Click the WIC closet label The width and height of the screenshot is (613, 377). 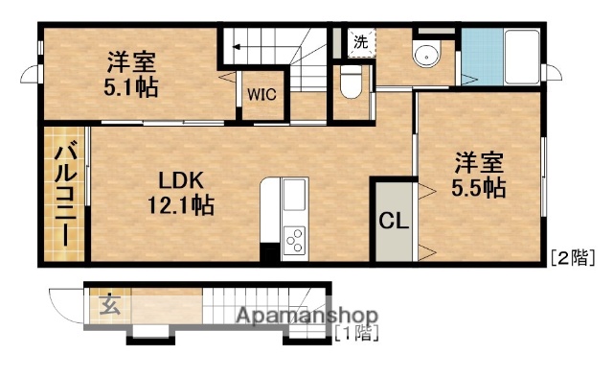tap(262, 95)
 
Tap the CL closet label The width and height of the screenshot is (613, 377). tap(394, 220)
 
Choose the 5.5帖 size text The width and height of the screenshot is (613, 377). tap(480, 187)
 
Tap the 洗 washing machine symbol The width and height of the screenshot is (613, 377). tap(360, 41)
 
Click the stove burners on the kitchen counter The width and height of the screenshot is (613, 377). tap(293, 238)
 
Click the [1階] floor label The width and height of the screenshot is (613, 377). tap(356, 334)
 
